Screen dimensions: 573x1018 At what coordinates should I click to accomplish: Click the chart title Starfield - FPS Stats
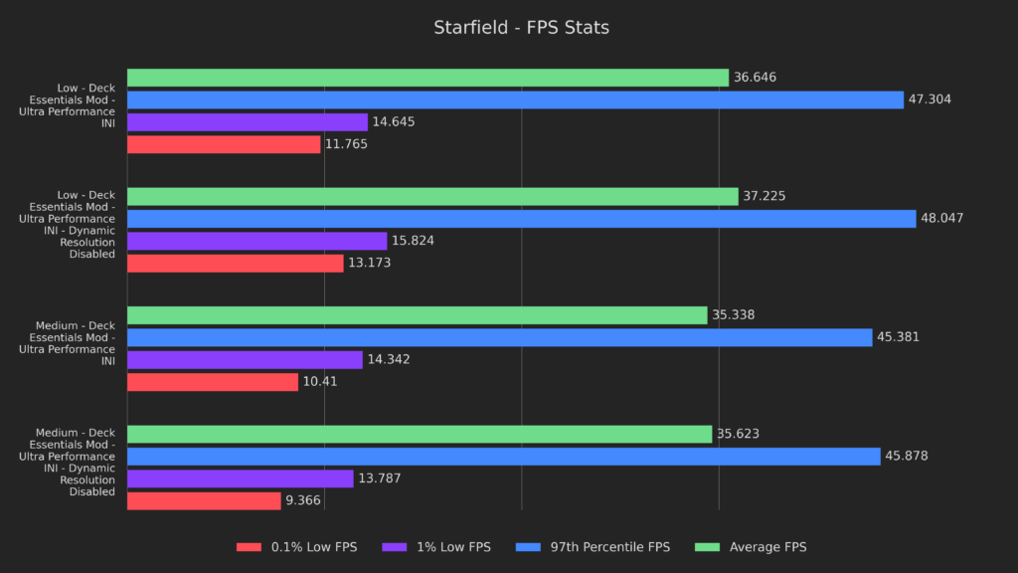[x=521, y=28]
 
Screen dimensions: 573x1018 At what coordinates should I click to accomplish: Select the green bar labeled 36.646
[x=427, y=78]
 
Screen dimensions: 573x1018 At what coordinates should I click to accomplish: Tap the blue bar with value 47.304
[x=515, y=99]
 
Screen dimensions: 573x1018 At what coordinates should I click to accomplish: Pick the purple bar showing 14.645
[x=248, y=122]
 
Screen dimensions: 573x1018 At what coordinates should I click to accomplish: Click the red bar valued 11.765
[x=224, y=144]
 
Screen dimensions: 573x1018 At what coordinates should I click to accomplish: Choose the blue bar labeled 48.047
[x=521, y=219]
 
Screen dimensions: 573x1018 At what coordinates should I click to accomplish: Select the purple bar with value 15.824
[x=256, y=241]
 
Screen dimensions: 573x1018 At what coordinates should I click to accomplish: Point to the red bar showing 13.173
[x=235, y=264]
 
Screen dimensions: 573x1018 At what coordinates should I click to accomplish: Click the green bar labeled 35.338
[x=417, y=315]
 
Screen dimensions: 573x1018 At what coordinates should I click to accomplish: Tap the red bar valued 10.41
[x=213, y=382]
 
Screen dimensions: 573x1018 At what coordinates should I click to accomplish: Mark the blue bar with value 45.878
[x=503, y=457]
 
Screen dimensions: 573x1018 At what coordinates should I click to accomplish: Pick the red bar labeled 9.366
[x=204, y=501]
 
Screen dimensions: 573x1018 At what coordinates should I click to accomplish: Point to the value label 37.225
[x=763, y=197]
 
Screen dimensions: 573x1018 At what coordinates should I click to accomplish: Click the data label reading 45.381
[x=898, y=337]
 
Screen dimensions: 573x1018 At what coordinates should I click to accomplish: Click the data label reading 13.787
[x=379, y=479]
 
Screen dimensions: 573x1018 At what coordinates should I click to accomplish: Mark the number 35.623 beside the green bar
[x=738, y=435]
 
